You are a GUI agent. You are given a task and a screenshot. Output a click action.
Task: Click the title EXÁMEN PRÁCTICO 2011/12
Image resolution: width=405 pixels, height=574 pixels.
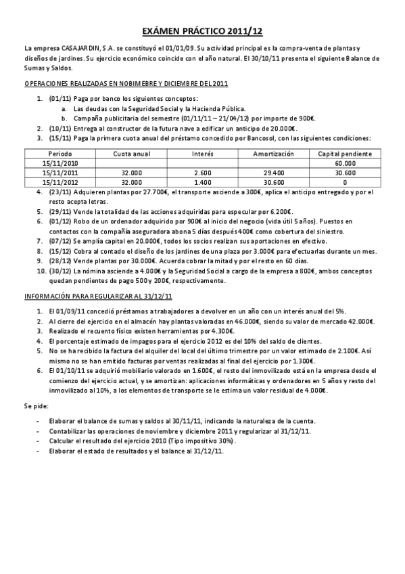coord(202,32)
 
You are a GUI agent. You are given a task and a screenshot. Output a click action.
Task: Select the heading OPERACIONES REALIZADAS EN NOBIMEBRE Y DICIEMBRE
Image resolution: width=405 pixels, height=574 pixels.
coord(126,84)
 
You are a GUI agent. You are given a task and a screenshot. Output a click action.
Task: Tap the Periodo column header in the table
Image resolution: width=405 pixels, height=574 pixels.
coord(60,154)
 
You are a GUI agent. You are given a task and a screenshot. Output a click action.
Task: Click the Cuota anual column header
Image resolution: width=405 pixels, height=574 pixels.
coord(131,154)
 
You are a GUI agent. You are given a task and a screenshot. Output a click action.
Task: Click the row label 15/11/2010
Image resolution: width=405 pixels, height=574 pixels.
coord(60,164)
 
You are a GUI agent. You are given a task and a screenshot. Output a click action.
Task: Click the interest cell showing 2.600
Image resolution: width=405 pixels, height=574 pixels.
coord(202,173)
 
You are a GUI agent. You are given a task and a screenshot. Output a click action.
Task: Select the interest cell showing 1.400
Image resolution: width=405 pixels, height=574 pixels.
coord(202,182)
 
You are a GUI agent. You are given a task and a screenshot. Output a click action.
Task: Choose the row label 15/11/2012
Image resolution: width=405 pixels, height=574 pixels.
coord(60,182)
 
